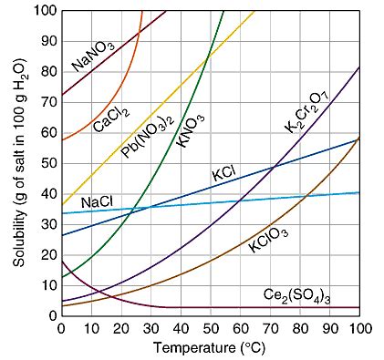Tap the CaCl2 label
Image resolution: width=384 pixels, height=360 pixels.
pos(110,119)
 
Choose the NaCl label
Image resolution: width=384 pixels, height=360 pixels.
pos(97,201)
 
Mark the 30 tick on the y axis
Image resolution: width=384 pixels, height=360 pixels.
pos(47,224)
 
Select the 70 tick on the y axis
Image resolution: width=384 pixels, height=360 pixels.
pos(47,102)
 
